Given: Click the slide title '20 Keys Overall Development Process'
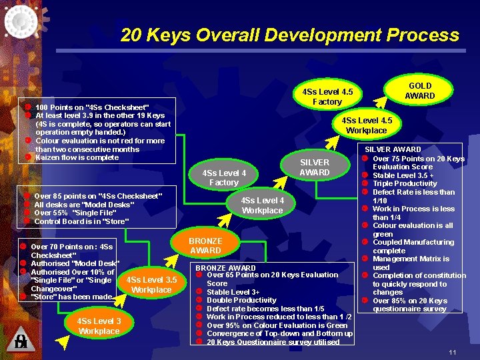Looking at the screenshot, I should (x=290, y=35).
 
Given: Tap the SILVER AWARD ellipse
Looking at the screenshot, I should (x=314, y=167).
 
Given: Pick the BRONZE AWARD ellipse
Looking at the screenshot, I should (x=205, y=245).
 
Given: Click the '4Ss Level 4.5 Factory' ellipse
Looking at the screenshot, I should (x=327, y=97).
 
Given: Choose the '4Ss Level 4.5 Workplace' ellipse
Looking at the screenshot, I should (x=367, y=125).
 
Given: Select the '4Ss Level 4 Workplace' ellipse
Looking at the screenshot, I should (x=262, y=205).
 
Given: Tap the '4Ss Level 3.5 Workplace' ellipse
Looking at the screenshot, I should (x=151, y=285).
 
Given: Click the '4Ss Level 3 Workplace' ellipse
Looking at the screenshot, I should (x=99, y=326).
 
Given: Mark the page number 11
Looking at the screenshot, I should (x=452, y=352).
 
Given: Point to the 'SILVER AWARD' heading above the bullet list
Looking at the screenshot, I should (x=392, y=149).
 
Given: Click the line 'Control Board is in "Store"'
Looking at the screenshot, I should (x=81, y=221).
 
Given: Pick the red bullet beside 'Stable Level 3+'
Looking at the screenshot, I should (x=199, y=292).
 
